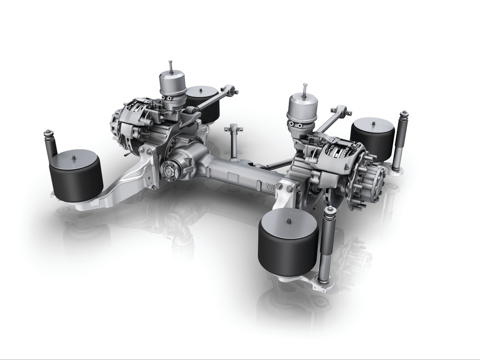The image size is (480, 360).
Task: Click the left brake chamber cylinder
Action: tap(172, 86)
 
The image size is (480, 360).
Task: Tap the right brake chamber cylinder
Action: tap(302, 109)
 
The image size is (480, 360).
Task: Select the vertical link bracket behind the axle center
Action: tap(233, 141)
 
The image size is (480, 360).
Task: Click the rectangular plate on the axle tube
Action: tap(232, 177)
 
